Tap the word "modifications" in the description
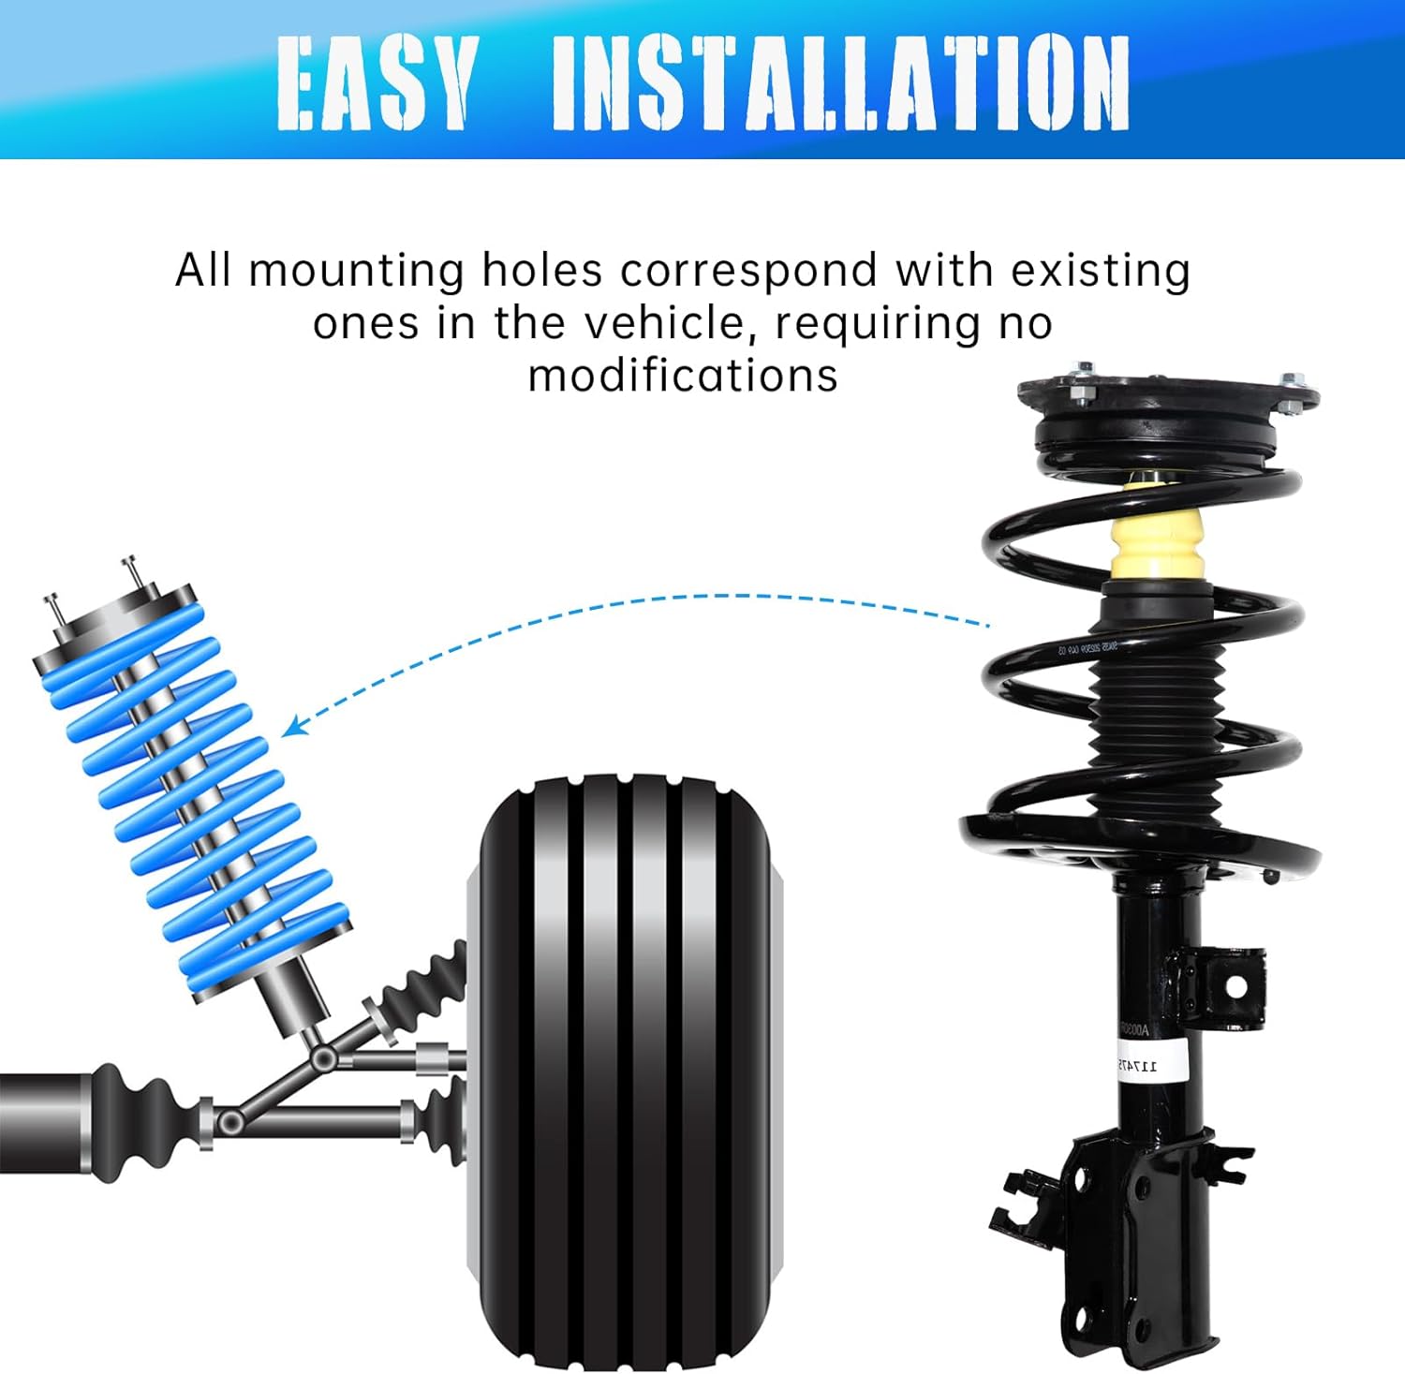pos(683,376)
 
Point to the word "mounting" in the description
pos(357,272)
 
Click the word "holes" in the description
pos(541,271)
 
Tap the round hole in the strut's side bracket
pos(1235,986)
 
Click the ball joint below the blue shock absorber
pos(324,1058)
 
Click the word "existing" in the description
pos(1101,271)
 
